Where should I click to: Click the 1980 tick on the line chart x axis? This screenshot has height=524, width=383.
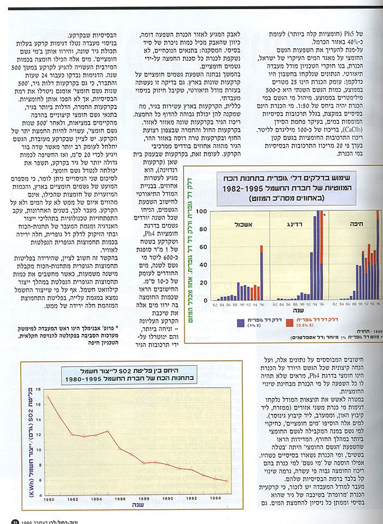(x=48, y=499)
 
